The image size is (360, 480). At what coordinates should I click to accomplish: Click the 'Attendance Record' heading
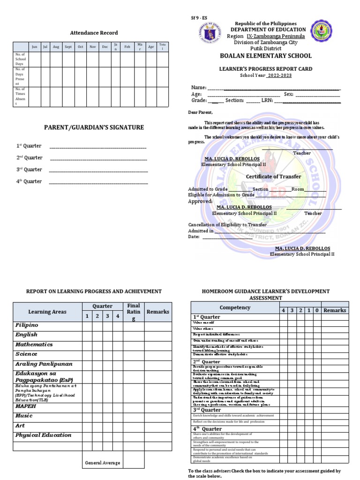click(94, 33)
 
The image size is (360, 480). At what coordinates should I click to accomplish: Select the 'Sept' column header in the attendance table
click(68, 47)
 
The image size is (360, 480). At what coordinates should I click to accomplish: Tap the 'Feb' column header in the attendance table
click(127, 47)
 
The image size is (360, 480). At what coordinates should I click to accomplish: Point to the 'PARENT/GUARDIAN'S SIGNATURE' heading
click(94, 127)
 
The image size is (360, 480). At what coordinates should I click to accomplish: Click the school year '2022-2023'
click(279, 75)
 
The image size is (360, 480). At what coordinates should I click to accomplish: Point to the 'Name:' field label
click(198, 88)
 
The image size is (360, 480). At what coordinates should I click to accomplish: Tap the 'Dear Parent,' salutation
click(200, 112)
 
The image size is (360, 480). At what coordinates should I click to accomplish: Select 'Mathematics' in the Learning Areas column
click(34, 345)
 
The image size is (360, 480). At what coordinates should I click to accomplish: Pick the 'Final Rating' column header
click(134, 312)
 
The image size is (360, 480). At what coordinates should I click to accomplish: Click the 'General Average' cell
click(102, 463)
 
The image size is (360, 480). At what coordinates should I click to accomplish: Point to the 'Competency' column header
click(235, 307)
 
